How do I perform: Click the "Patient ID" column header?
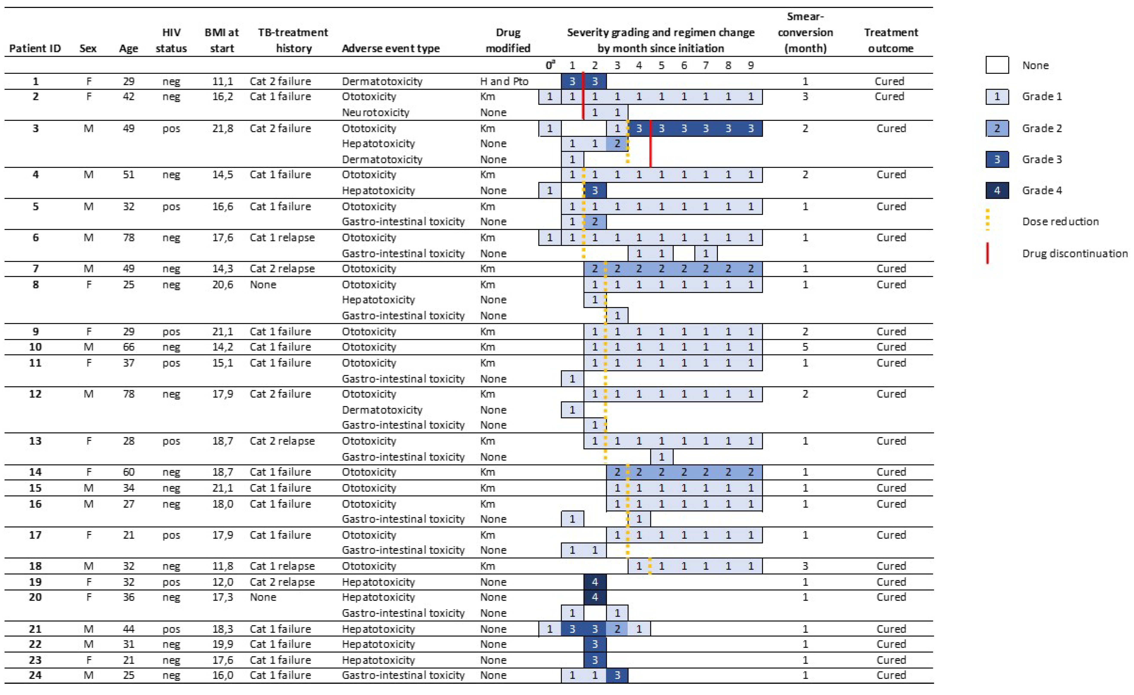35,48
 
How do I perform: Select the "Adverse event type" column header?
390,48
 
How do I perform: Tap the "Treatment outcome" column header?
890,41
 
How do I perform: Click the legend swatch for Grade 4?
997,190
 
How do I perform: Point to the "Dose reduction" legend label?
1060,222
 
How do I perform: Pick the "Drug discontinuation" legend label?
1075,253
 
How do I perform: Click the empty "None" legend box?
997,65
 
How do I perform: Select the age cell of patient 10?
128,347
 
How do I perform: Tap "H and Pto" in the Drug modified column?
504,81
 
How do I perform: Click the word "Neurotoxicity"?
375,112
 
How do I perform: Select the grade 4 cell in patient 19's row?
595,582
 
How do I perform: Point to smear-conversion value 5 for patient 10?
805,347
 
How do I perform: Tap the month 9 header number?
751,65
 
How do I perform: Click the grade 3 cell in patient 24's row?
617,675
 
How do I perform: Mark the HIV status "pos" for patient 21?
171,629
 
